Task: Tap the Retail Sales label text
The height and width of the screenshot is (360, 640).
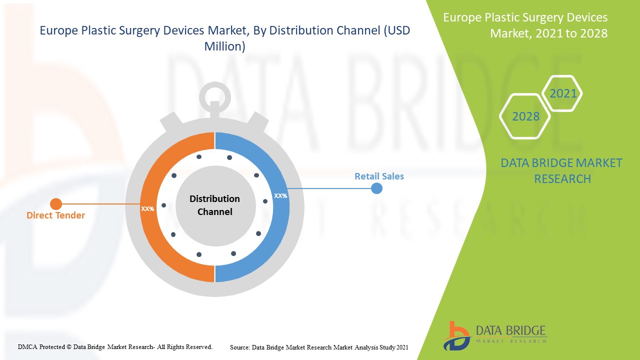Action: point(379,176)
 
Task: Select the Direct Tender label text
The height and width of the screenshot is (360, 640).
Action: point(55,215)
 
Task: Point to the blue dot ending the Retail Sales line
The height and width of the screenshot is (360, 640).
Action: point(376,188)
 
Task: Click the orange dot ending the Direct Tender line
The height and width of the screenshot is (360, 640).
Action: point(56,204)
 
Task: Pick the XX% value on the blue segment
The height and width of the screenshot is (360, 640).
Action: point(280,196)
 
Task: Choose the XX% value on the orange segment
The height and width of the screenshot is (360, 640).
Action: point(147,209)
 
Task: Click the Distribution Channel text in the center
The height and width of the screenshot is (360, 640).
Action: point(214,205)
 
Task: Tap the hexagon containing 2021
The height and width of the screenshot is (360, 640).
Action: point(562,93)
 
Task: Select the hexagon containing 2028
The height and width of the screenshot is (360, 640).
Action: point(525,116)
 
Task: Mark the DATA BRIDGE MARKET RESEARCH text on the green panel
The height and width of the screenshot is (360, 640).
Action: point(561,170)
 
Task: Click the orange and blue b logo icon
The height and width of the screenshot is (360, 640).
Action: point(456,335)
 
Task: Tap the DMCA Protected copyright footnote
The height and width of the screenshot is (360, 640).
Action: point(115,346)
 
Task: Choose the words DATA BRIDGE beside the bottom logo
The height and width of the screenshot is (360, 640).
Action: point(510,331)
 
